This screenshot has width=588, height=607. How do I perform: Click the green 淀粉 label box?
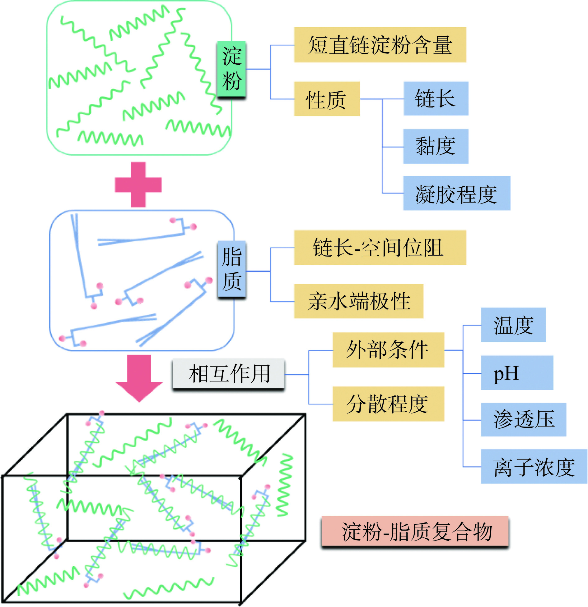231,70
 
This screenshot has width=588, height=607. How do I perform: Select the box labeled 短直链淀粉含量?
380,45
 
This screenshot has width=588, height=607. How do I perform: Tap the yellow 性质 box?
327,99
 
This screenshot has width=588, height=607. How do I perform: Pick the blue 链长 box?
436,99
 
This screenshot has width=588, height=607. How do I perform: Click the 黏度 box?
436,146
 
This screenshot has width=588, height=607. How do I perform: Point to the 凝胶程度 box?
456,194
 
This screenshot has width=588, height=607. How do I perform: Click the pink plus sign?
138,185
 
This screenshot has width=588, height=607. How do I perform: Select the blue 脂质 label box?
232,270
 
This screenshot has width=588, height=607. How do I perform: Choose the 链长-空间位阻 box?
380,248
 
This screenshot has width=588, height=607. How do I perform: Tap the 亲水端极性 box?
358,301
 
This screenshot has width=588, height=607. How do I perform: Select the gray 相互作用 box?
229,374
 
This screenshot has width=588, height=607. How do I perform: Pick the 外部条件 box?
388,350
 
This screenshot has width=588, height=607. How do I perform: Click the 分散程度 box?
388,404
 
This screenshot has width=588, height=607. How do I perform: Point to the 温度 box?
513,325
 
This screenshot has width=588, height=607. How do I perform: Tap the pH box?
516,373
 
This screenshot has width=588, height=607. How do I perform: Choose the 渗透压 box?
523,420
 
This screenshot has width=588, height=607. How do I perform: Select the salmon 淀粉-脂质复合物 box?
415,532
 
